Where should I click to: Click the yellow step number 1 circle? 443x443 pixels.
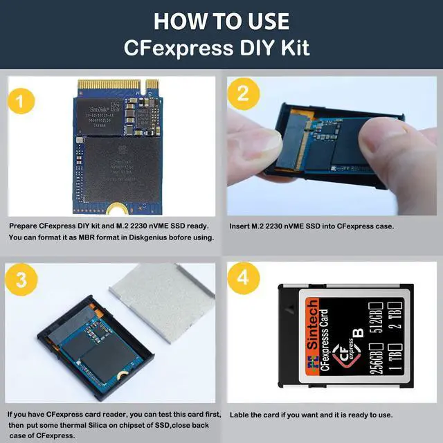coord(21,101)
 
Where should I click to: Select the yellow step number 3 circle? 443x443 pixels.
coord(21,280)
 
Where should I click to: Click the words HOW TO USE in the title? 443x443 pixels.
coord(221,21)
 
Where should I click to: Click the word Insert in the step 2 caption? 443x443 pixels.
coord(240,226)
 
